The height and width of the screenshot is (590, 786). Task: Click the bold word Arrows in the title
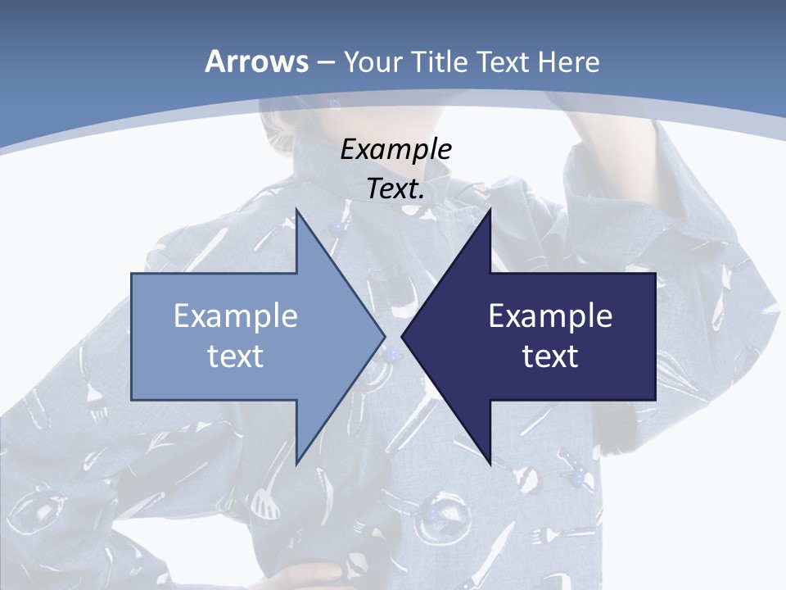[255, 61]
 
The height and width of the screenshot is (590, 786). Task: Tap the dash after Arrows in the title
[325, 62]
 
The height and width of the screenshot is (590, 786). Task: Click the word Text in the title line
[504, 62]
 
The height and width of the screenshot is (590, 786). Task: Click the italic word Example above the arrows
[396, 150]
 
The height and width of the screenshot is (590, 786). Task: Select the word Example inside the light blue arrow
[236, 315]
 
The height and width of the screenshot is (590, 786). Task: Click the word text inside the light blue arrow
[236, 356]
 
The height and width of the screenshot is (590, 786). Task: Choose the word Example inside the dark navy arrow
[550, 315]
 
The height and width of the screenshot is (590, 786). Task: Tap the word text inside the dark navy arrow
[550, 356]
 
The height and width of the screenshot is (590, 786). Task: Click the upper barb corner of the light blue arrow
[296, 211]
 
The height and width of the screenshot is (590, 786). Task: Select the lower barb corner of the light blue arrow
[296, 462]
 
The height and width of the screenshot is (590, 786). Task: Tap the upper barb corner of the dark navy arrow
[490, 211]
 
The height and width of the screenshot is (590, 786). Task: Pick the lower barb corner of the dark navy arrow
[490, 462]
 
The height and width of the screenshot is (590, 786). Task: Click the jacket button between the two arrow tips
[394, 354]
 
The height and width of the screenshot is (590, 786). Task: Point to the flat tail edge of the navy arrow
[654, 336]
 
